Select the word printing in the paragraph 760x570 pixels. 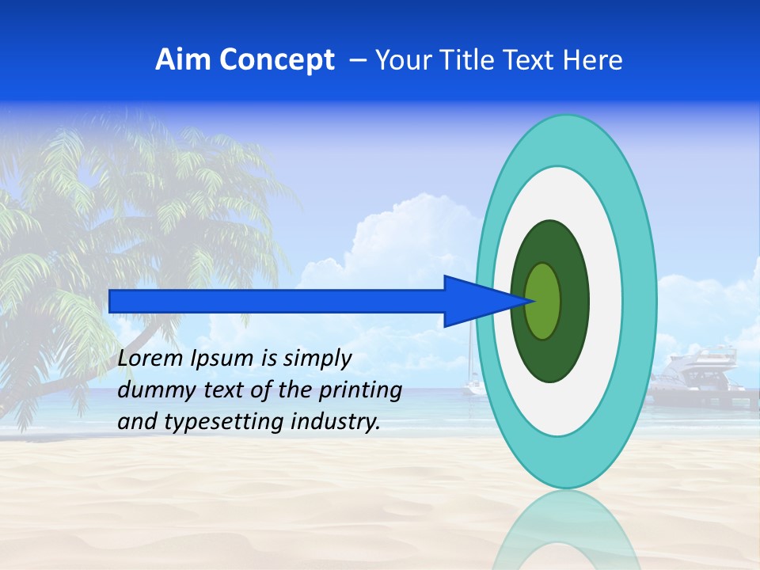(x=359, y=391)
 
